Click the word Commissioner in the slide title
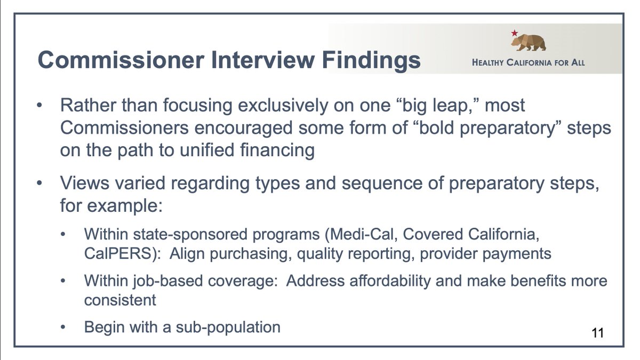121,60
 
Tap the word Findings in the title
371,61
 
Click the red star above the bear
514,33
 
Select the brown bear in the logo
529,42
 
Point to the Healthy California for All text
529,62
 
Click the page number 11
598,333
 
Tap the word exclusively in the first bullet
283,106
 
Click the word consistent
120,300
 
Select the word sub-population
228,327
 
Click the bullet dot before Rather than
39,106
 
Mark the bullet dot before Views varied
39,183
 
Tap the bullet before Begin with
63,327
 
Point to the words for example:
111,205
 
